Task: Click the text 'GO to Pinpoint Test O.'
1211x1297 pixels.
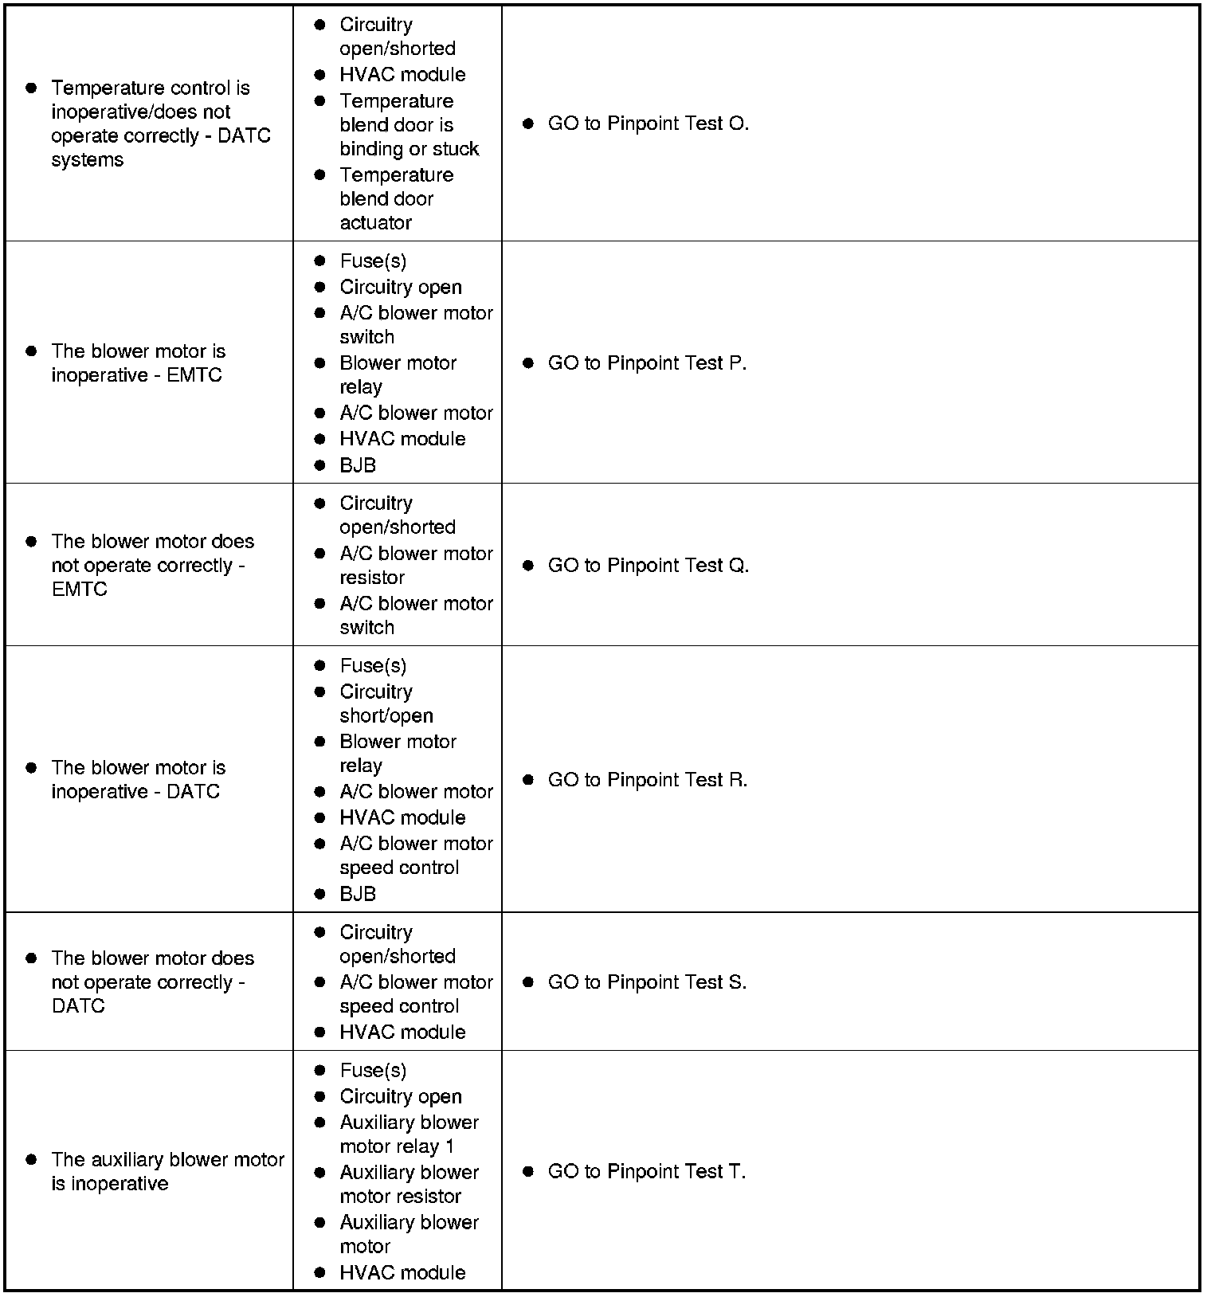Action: click(648, 123)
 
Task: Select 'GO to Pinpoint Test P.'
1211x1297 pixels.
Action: click(647, 363)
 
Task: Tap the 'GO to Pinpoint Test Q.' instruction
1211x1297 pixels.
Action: click(648, 566)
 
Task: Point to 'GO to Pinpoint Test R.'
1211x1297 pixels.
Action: click(647, 780)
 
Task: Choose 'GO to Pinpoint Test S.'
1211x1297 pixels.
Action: click(647, 982)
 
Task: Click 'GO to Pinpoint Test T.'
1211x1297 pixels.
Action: click(646, 1172)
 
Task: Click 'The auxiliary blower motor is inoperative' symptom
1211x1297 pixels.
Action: click(167, 1172)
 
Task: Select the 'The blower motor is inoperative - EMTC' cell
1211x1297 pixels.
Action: click(138, 363)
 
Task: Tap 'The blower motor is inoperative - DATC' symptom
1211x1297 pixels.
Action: click(138, 780)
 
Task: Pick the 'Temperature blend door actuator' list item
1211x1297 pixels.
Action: click(396, 199)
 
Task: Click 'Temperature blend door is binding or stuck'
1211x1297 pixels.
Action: click(409, 125)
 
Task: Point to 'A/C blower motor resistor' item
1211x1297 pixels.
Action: click(416, 566)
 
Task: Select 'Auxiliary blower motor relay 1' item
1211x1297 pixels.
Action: click(409, 1134)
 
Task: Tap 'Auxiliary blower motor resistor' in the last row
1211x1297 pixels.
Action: click(409, 1185)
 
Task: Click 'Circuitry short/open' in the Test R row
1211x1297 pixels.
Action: click(386, 704)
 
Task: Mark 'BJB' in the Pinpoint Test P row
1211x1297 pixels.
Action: click(358, 465)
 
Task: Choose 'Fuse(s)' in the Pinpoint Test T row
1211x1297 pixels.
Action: click(373, 1071)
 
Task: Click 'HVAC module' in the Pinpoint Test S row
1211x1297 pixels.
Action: click(402, 1033)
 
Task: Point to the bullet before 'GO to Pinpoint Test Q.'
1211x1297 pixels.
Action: click(527, 566)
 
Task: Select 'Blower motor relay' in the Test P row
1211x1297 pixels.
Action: click(398, 375)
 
